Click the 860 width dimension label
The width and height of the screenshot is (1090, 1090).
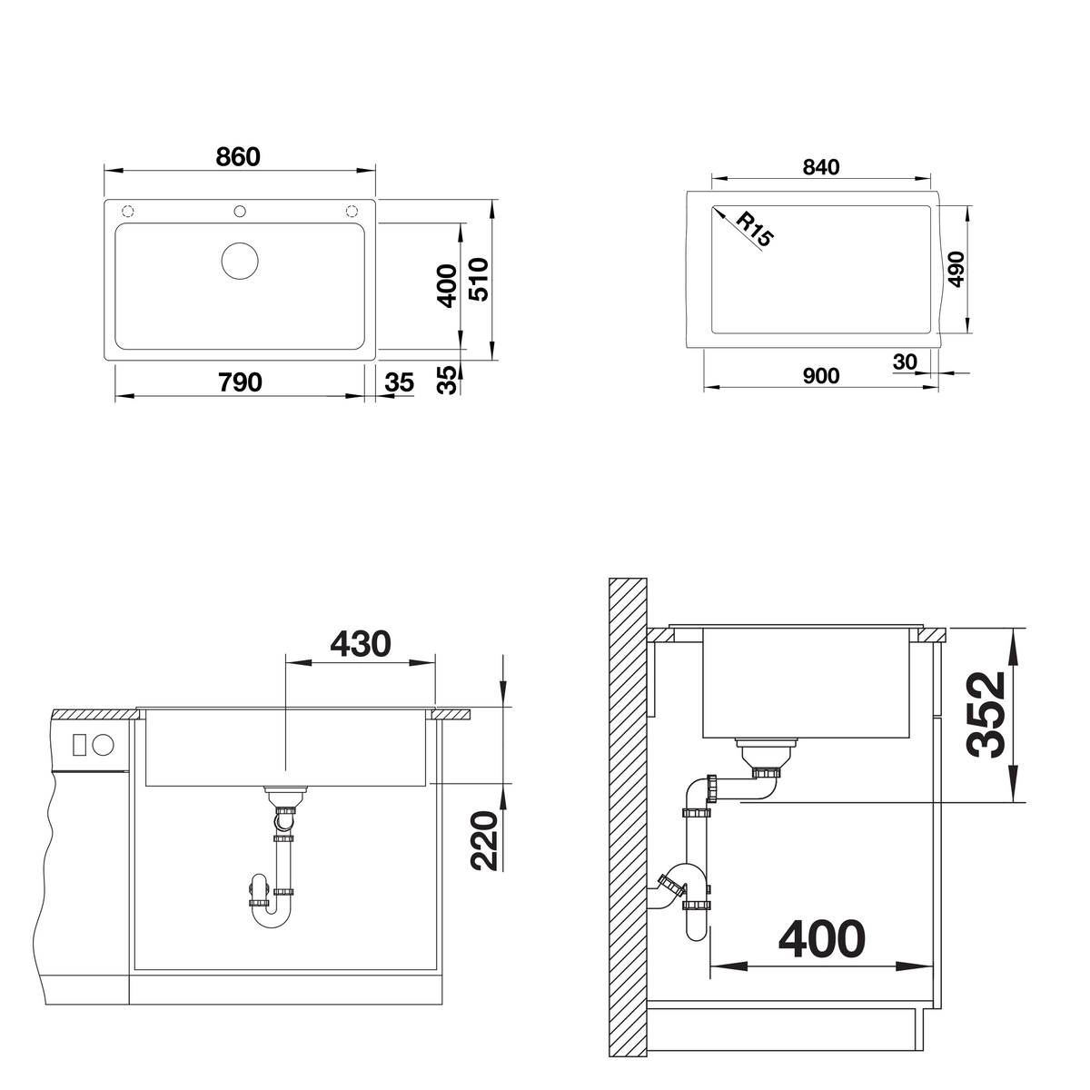pyautogui.click(x=238, y=156)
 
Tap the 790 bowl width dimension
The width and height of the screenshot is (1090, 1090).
pyautogui.click(x=241, y=382)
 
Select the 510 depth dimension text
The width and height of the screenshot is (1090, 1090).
pyautogui.click(x=481, y=279)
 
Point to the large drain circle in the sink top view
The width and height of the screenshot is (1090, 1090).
pyautogui.click(x=240, y=261)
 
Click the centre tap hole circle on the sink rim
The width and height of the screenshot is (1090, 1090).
pyautogui.click(x=240, y=212)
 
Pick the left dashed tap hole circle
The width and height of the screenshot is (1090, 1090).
pyautogui.click(x=128, y=212)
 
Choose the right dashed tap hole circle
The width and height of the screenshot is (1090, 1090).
pyautogui.click(x=352, y=212)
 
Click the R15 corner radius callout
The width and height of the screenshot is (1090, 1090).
pyautogui.click(x=755, y=230)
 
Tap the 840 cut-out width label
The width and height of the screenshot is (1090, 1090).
pyautogui.click(x=821, y=167)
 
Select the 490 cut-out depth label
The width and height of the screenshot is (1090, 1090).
pyautogui.click(x=956, y=269)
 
